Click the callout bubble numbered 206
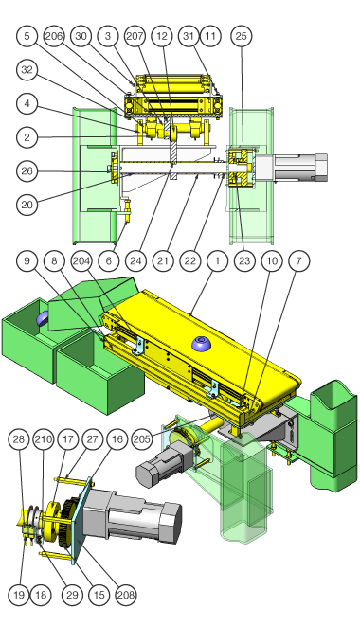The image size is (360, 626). click(54, 36)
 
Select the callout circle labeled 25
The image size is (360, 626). click(242, 36)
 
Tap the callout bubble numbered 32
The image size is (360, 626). click(27, 70)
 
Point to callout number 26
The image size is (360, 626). click(27, 171)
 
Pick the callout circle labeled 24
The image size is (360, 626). click(135, 261)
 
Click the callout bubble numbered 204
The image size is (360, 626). click(81, 261)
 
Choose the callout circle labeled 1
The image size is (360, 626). click(217, 261)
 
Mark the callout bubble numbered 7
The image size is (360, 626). click(298, 261)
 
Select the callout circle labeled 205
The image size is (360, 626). click(142, 439)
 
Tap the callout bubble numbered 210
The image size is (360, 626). click(44, 439)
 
